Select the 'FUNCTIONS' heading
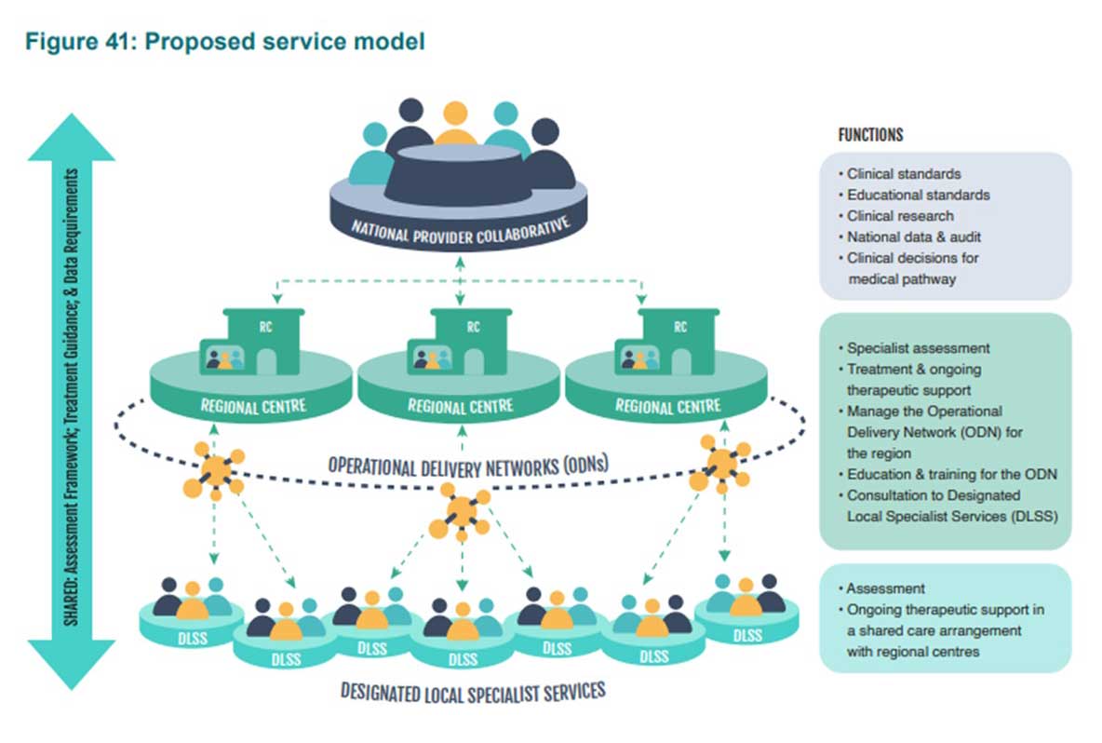tap(870, 135)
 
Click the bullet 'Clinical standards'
tap(903, 174)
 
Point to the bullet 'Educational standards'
tap(918, 196)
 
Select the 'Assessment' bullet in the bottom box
tap(885, 588)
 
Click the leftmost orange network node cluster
tap(215, 468)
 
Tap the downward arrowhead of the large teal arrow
tap(72, 662)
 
